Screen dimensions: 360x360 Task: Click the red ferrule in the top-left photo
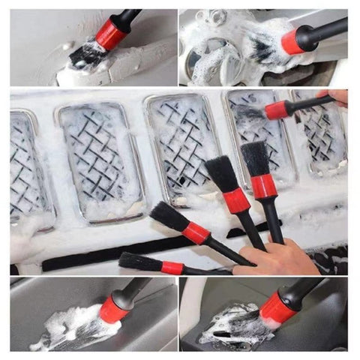(110, 34)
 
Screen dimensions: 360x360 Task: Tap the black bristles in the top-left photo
(85, 53)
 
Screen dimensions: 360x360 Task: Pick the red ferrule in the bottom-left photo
(115, 308)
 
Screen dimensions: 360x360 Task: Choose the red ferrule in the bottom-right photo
(277, 308)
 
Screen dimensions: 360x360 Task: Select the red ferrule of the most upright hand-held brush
(263, 187)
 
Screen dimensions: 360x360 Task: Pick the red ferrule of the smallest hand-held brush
(172, 267)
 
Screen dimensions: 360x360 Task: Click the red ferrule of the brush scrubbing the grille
(275, 111)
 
